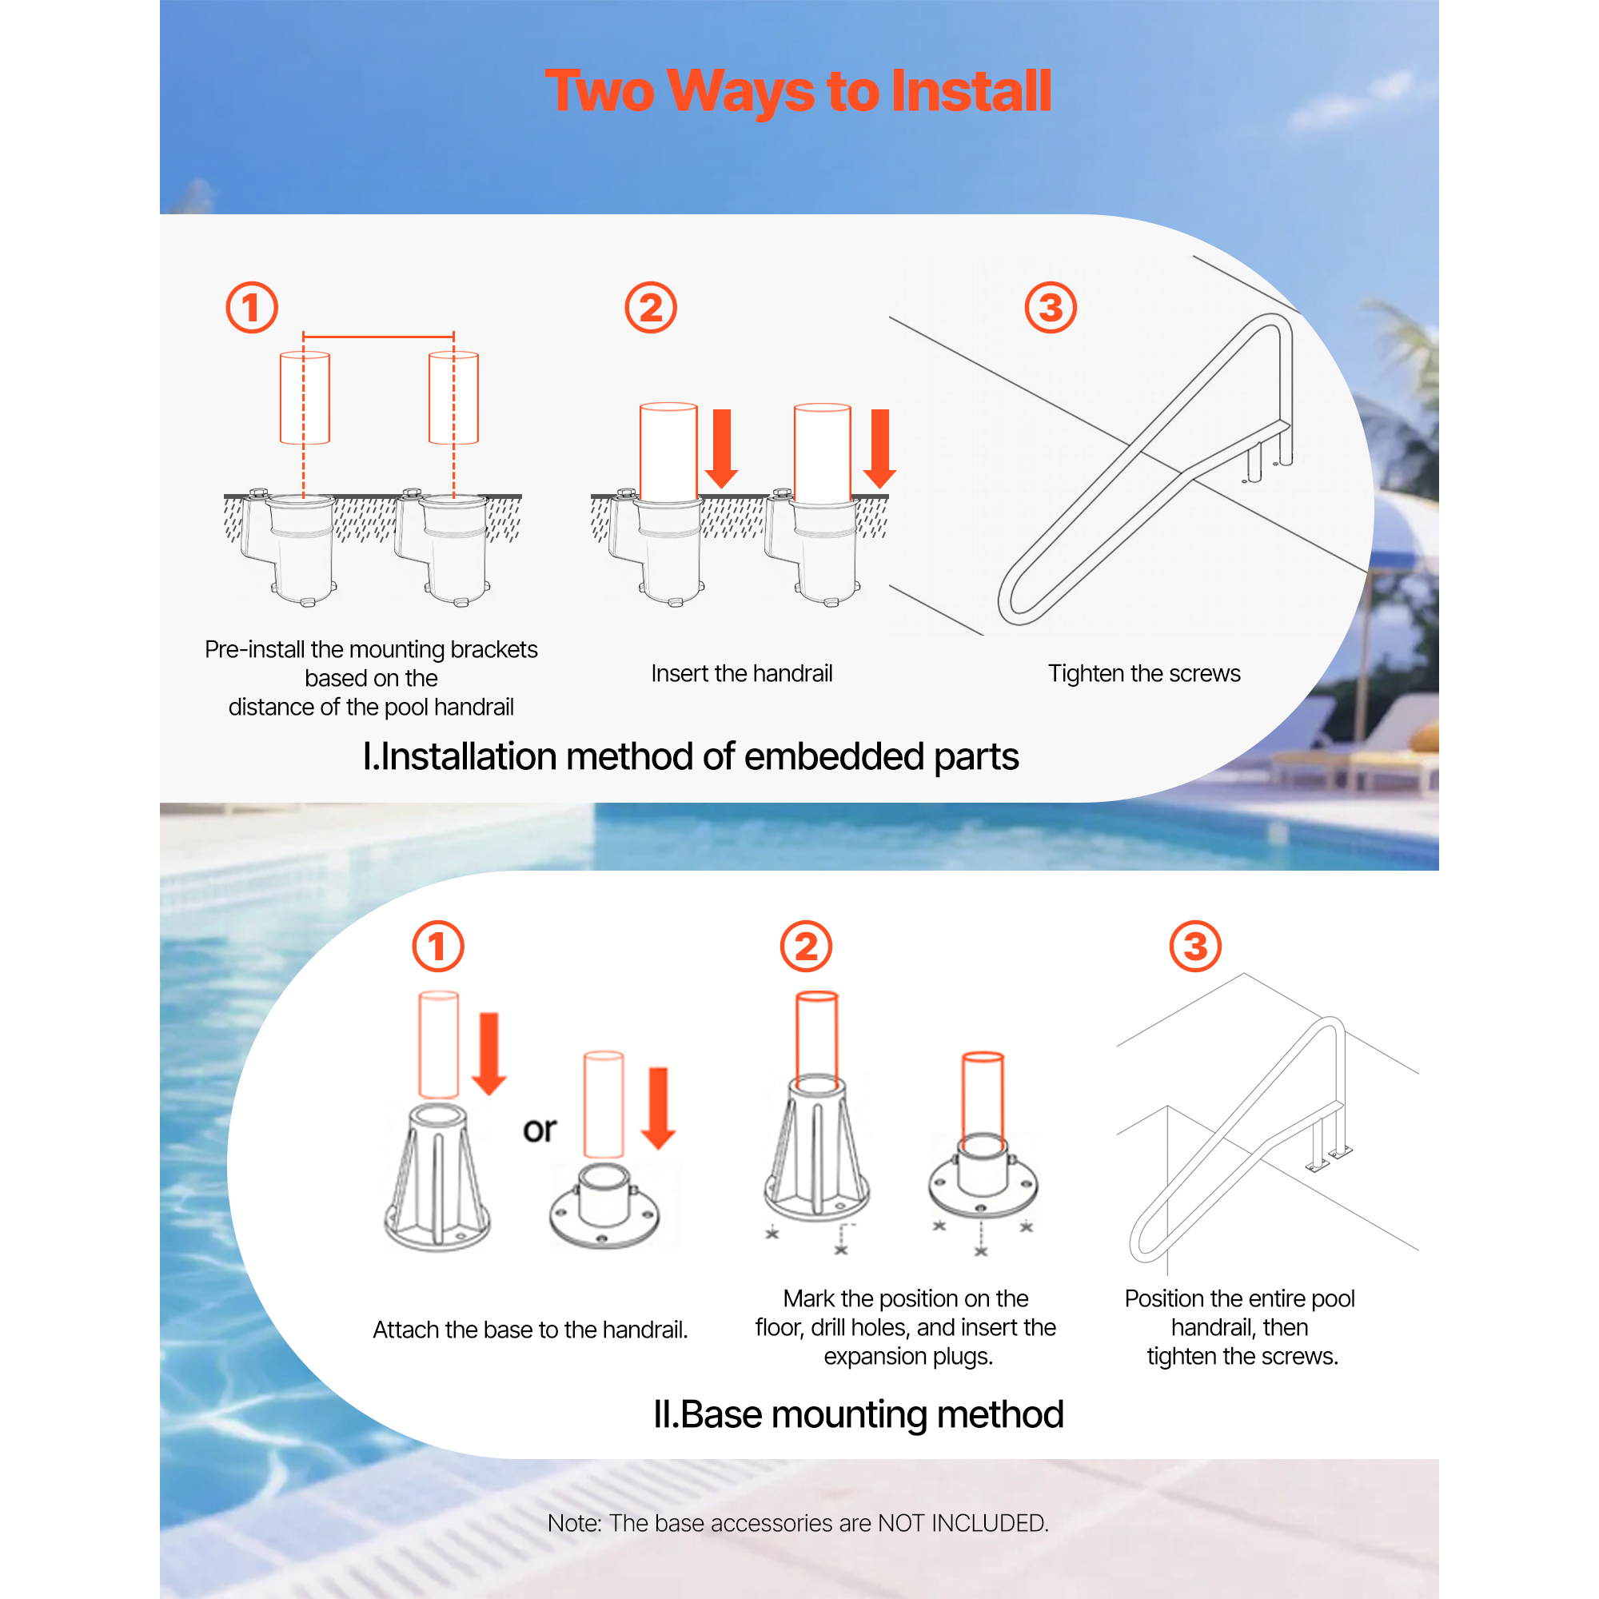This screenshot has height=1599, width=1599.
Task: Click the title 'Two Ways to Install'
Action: click(x=798, y=91)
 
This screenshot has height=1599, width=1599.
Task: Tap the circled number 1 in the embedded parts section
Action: click(x=252, y=308)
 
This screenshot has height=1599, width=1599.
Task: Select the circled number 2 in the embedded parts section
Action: click(x=651, y=308)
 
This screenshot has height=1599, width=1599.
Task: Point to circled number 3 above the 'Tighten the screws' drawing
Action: click(x=1051, y=308)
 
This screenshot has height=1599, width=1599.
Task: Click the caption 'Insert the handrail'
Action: click(x=742, y=674)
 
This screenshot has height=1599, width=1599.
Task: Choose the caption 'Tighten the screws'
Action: click(x=1144, y=674)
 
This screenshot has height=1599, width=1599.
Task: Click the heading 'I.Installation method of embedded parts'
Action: click(x=690, y=756)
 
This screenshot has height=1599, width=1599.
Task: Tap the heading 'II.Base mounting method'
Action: click(x=858, y=1414)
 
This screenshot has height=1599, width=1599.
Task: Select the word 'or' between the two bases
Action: click(x=540, y=1130)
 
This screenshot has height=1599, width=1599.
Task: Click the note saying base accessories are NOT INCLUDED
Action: click(x=798, y=1523)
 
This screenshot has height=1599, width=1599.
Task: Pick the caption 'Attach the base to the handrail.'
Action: click(x=531, y=1330)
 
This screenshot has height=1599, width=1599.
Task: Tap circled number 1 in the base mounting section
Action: click(x=438, y=946)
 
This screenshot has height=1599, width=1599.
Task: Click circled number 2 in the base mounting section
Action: click(x=806, y=946)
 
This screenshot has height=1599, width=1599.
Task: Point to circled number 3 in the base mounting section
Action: click(x=1195, y=946)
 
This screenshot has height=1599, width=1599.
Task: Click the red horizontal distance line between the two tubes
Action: click(x=378, y=337)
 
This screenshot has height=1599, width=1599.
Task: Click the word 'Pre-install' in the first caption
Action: click(x=254, y=650)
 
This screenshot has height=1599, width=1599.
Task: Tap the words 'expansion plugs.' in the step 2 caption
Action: click(x=908, y=1357)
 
